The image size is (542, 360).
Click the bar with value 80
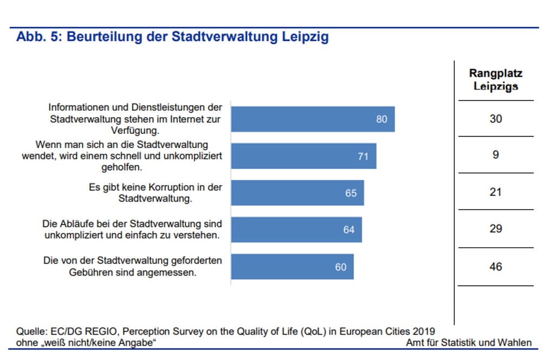coord(313,119)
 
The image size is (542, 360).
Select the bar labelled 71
coord(304,156)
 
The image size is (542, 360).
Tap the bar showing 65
coord(298,192)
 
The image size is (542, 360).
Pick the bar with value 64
coord(296,229)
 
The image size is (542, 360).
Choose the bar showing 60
coord(292,267)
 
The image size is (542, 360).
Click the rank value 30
coord(495,119)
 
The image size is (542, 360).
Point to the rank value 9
coord(495,156)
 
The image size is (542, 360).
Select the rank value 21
coord(495,192)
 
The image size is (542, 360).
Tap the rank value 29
coord(495,229)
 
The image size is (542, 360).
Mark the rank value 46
coord(495,267)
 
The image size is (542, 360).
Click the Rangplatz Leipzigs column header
coord(495,80)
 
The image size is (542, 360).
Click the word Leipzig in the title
coord(305,37)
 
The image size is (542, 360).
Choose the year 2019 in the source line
coord(423,331)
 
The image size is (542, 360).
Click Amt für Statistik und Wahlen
coord(468,343)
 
